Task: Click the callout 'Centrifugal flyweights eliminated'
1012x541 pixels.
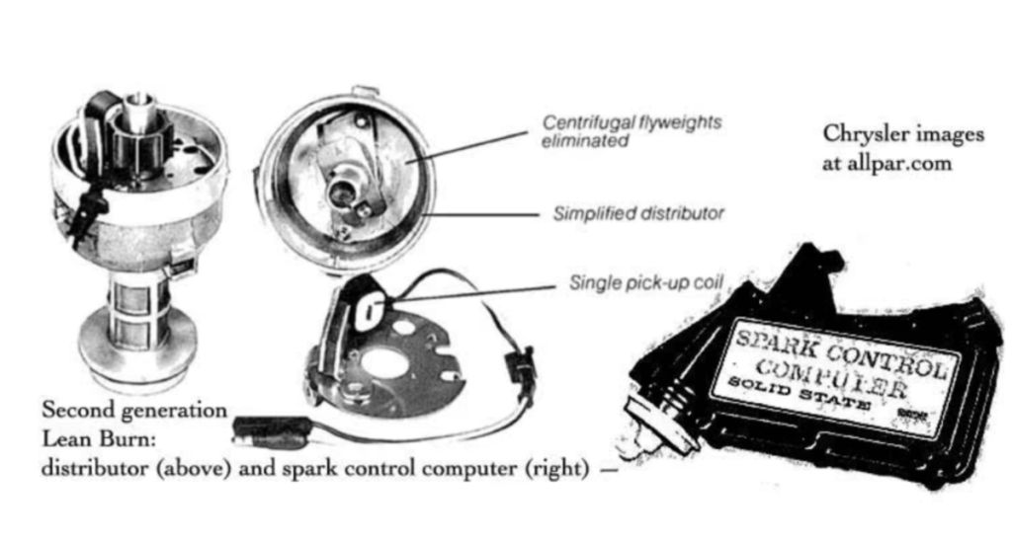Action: [x=632, y=131]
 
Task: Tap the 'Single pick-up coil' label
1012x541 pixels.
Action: [x=647, y=283]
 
